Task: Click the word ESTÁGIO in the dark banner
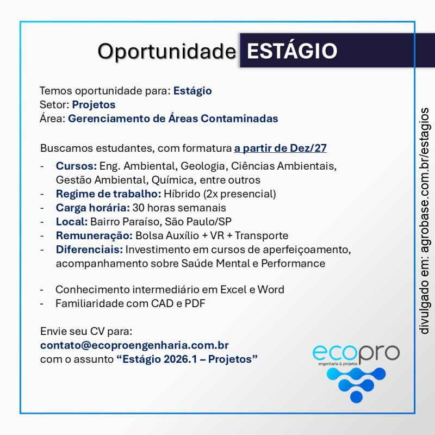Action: [291, 51]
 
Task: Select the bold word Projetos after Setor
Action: [94, 104]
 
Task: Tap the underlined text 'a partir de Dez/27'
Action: [280, 147]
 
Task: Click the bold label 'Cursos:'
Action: [76, 165]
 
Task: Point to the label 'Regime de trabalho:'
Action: [108, 194]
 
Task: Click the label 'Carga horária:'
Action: [92, 207]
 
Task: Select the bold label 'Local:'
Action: [72, 221]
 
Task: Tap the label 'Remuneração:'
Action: [94, 235]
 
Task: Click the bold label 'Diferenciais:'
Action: [90, 250]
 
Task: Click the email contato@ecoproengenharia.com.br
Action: [134, 345]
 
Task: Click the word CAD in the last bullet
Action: [161, 303]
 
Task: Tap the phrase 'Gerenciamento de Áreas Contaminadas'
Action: [173, 119]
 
